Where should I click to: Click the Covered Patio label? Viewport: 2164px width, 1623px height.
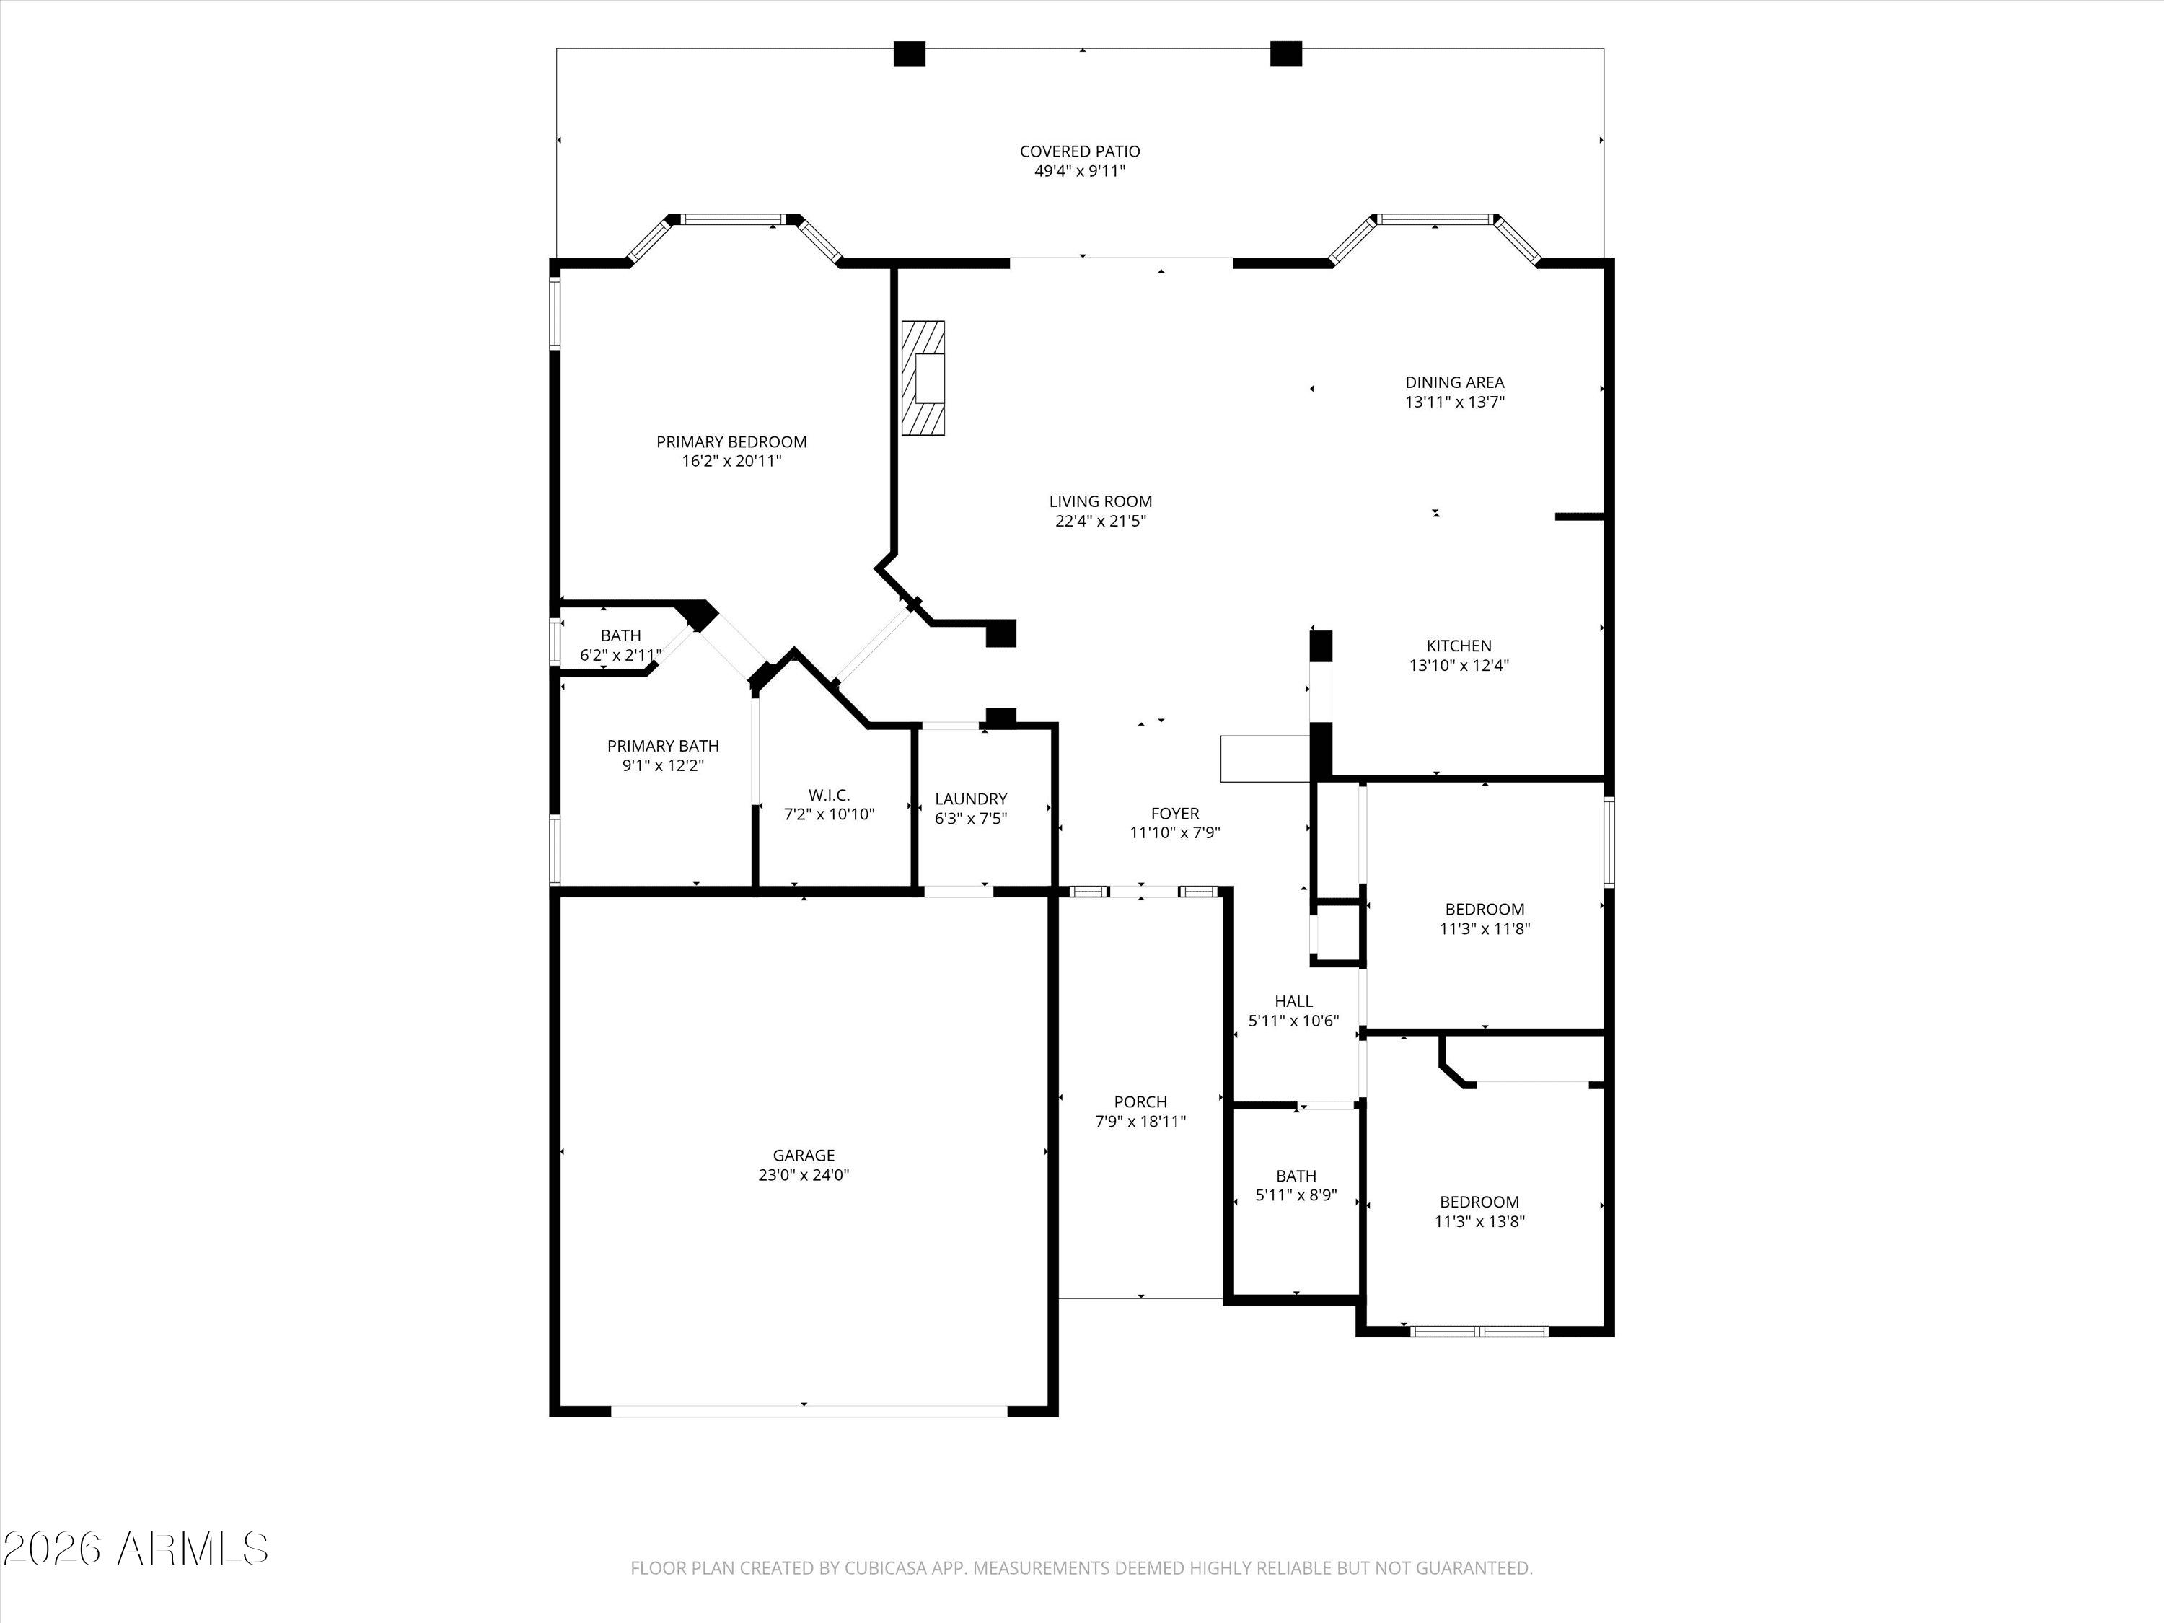pos(1080,151)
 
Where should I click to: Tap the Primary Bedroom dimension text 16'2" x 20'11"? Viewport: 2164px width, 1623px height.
pos(731,462)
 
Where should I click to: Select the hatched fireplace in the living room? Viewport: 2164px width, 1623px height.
pos(923,378)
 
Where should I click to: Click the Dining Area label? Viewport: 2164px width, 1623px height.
pos(1455,382)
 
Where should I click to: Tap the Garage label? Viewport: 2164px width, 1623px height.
pos(804,1156)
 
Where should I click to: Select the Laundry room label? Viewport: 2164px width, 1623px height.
pos(970,799)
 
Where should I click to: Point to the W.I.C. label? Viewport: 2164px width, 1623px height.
pos(830,796)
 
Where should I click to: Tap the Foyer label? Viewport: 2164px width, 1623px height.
pos(1175,814)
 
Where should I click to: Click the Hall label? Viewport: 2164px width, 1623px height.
pos(1293,1002)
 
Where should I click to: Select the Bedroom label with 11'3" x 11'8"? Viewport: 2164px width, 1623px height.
pos(1485,910)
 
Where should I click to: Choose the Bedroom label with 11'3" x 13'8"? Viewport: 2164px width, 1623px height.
pos(1479,1202)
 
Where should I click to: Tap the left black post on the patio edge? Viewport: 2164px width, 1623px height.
pos(910,54)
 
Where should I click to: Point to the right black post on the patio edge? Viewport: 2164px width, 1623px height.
pos(1285,54)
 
